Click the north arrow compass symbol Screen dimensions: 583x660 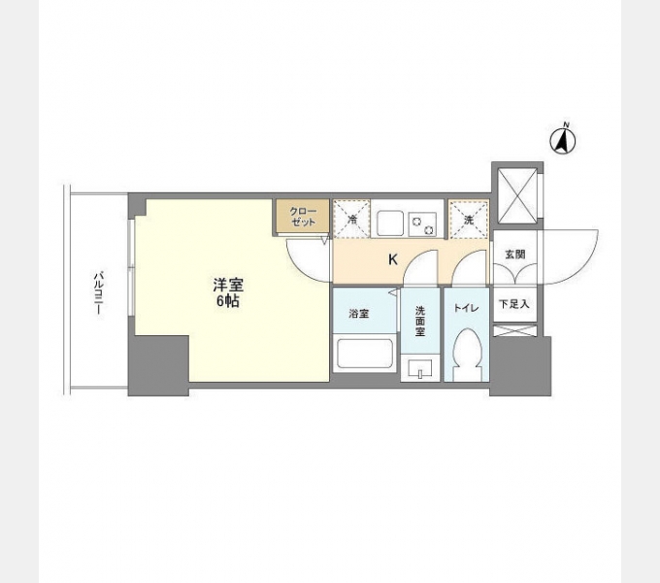pyautogui.click(x=564, y=141)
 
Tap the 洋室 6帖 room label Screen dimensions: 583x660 pyautogui.click(x=228, y=293)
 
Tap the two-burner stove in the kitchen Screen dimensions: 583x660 pyautogui.click(x=423, y=223)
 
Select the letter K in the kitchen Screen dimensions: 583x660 pyautogui.click(x=392, y=259)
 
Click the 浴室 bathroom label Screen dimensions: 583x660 pyautogui.click(x=359, y=313)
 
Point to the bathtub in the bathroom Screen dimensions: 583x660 pyautogui.click(x=366, y=355)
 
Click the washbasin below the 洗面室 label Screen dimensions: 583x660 pyautogui.click(x=420, y=368)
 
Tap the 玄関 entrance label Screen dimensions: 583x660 pyautogui.click(x=514, y=254)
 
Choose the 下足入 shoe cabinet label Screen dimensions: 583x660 pyautogui.click(x=513, y=304)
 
